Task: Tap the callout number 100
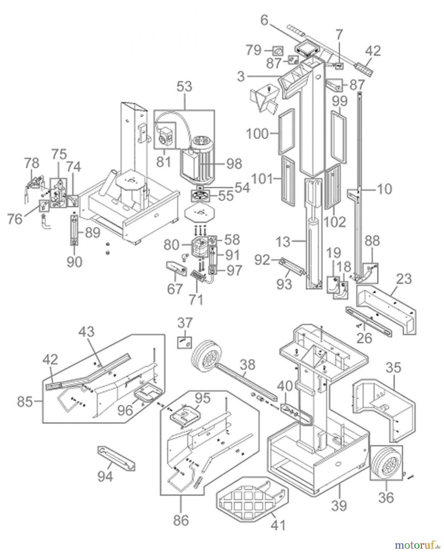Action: (x=257, y=134)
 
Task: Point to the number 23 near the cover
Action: (x=404, y=280)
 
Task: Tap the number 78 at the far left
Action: (x=31, y=163)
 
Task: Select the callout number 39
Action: (x=339, y=505)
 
